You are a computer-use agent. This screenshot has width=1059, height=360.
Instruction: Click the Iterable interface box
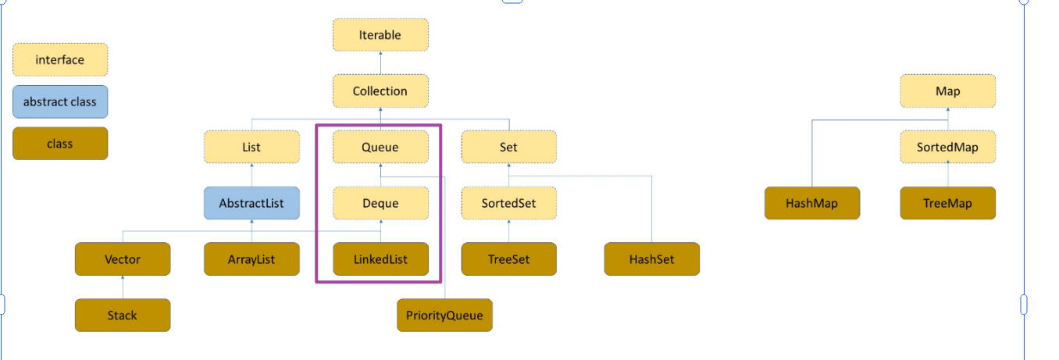coord(380,35)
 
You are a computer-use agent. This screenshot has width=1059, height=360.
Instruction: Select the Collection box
coord(380,91)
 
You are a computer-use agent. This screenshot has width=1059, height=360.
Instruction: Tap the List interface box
coord(251,147)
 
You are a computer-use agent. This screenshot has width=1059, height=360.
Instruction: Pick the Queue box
coord(380,147)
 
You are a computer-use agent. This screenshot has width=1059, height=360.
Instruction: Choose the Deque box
coord(380,203)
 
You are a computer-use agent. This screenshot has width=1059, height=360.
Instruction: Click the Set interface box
coord(508,147)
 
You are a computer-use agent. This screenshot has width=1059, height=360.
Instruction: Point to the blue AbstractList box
coord(251,203)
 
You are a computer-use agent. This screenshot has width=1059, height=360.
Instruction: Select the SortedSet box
coord(508,203)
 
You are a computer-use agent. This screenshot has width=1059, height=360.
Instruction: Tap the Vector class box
coord(123,259)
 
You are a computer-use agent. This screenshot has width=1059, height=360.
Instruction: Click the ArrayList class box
coord(251,259)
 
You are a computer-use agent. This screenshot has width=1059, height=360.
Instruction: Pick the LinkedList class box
coord(380,259)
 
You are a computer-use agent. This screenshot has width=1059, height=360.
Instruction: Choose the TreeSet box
coord(508,259)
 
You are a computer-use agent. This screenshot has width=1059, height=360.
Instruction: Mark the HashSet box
coord(651,259)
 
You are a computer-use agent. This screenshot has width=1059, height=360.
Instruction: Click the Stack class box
coord(123,315)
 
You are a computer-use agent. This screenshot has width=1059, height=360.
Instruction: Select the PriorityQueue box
coord(444,315)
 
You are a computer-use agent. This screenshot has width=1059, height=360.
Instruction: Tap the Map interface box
coord(948,91)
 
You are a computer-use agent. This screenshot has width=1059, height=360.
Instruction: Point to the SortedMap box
coord(948,147)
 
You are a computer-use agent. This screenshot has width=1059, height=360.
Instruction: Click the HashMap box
coord(812,203)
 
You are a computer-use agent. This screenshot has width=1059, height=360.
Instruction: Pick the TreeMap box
coord(948,203)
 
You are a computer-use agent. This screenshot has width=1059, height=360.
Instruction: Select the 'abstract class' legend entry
coord(60,102)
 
